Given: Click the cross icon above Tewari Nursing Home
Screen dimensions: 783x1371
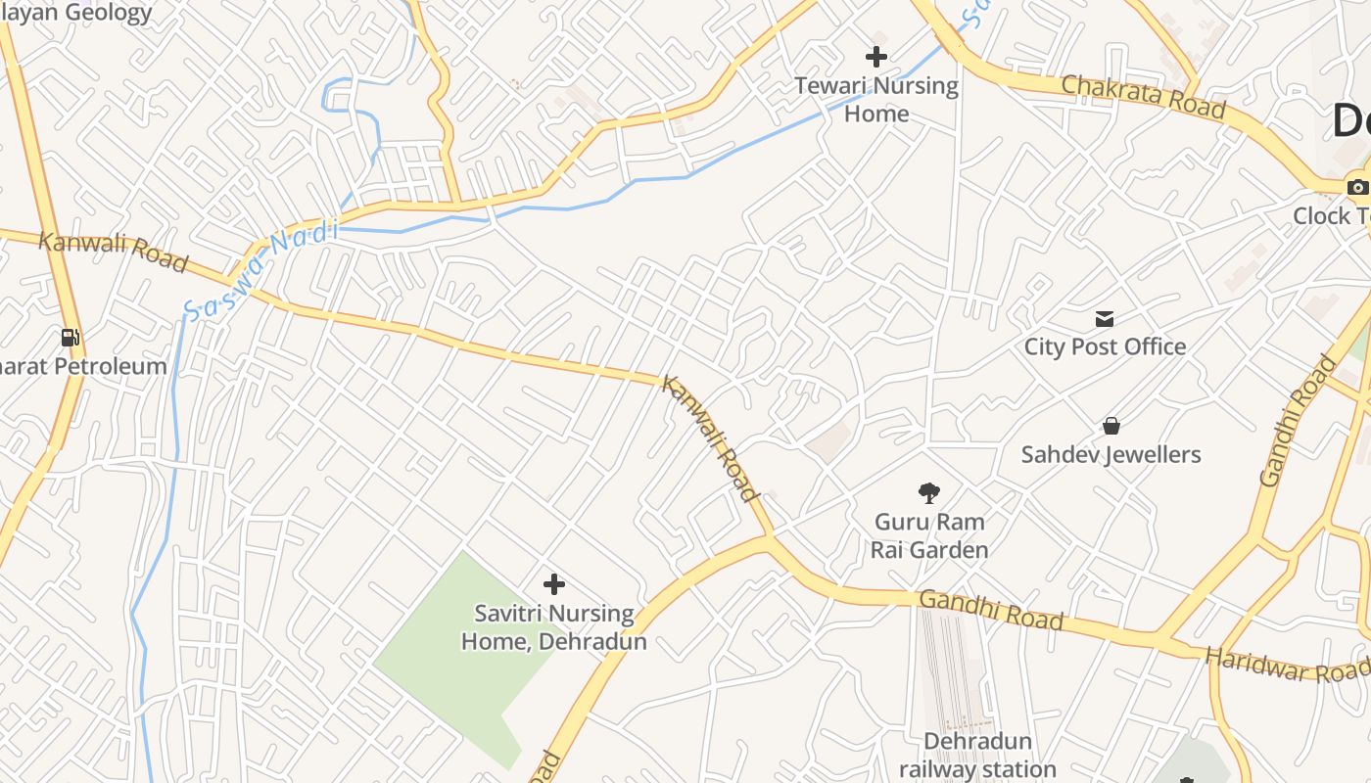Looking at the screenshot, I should point(876,57).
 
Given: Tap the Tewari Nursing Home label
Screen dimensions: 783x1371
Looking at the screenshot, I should point(876,99).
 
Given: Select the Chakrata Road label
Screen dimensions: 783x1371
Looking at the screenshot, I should point(1143,95).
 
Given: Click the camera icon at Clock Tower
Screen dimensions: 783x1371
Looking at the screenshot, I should point(1357,187).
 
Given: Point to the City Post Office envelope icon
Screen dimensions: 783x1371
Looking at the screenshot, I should point(1105,318).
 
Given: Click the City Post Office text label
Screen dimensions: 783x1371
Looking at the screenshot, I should point(1105,346).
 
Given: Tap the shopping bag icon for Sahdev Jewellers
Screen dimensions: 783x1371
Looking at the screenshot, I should point(1111,426).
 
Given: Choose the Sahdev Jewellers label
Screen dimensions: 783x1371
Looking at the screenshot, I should point(1111,454).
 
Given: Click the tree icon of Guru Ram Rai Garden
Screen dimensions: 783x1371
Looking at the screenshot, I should point(928,492).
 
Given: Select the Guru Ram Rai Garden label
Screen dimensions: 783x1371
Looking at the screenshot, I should point(928,535).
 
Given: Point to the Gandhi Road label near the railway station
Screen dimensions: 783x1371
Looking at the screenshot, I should point(991,610).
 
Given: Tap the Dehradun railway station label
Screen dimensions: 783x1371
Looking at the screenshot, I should point(977,755).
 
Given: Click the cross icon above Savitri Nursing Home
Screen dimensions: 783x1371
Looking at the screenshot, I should point(554,584).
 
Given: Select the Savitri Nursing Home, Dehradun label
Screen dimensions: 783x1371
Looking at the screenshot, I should point(554,627).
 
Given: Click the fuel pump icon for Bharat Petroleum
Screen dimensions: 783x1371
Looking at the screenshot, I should point(71,338).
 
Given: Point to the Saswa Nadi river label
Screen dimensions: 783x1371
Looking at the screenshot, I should point(260,271).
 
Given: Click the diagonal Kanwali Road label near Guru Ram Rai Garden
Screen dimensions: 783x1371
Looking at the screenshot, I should point(710,438).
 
